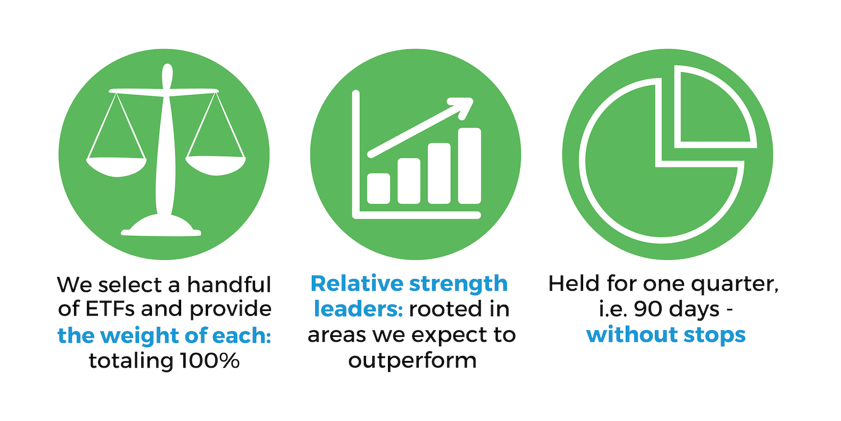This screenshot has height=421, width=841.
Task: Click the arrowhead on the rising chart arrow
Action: (x=462, y=107)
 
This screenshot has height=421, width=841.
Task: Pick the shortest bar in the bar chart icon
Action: (x=378, y=189)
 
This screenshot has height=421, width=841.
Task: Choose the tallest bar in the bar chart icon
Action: (x=469, y=166)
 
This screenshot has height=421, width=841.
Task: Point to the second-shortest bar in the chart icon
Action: (x=409, y=181)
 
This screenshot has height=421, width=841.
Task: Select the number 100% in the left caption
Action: (x=210, y=361)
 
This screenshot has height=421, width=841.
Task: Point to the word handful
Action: (x=229, y=285)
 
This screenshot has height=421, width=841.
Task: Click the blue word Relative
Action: (x=357, y=283)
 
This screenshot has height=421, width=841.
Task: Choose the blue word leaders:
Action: (x=358, y=309)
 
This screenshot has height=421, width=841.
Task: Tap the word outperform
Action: (x=412, y=361)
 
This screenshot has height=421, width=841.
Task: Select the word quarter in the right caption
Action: (x=734, y=285)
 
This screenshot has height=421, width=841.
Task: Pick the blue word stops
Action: (x=714, y=335)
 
